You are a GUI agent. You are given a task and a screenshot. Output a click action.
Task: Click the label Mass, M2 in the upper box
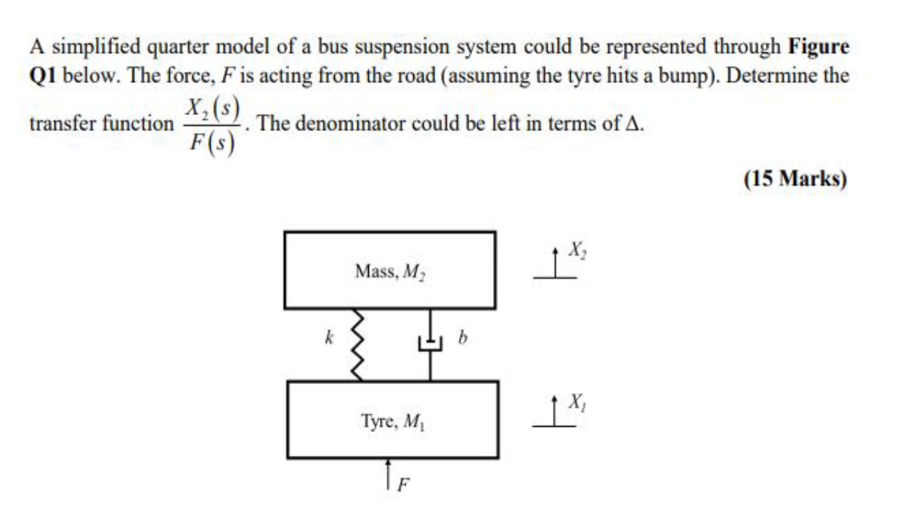coord(389,271)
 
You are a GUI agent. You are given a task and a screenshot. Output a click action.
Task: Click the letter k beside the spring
coord(329,338)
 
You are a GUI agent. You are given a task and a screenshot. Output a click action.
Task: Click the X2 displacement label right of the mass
coord(577,250)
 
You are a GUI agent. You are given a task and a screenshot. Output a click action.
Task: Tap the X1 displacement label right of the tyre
coord(577,400)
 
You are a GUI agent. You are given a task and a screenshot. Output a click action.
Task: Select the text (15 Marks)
coord(795,179)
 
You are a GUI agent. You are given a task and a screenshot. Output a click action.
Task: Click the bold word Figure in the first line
coord(818,48)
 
